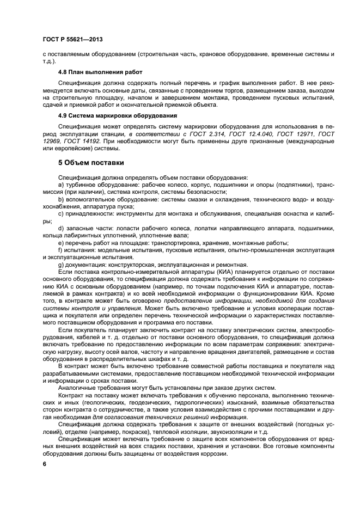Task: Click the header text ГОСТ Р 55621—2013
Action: (72, 40)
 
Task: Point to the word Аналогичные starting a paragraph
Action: (78, 389)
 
